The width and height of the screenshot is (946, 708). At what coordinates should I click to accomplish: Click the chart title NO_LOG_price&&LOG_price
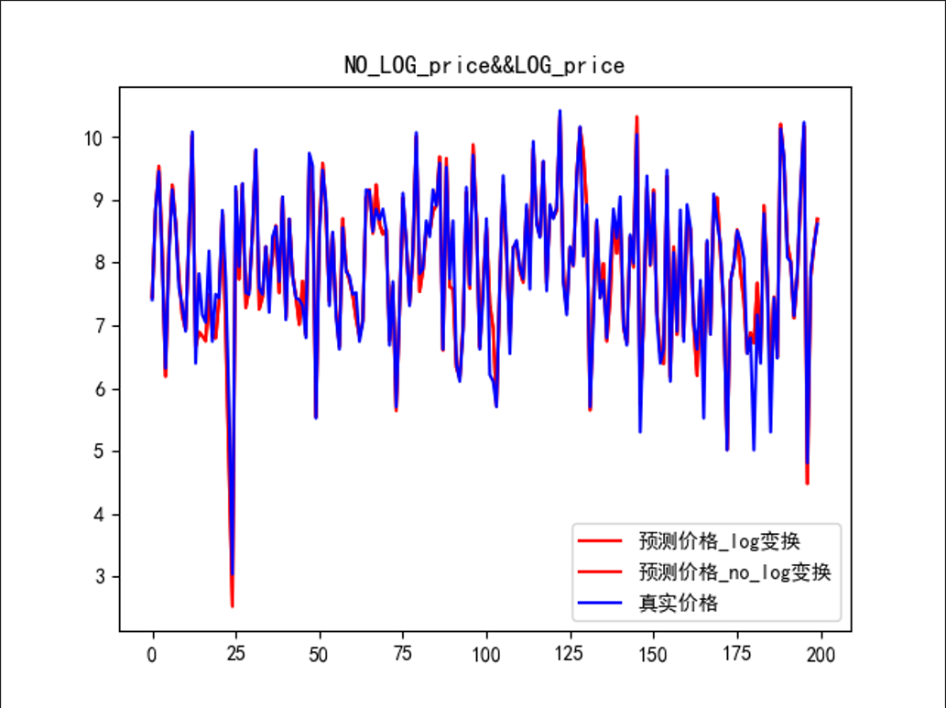pyautogui.click(x=484, y=65)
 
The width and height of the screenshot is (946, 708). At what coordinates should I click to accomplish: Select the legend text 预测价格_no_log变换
pyautogui.click(x=734, y=572)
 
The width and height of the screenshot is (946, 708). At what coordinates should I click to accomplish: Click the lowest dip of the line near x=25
pyautogui.click(x=232, y=605)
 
